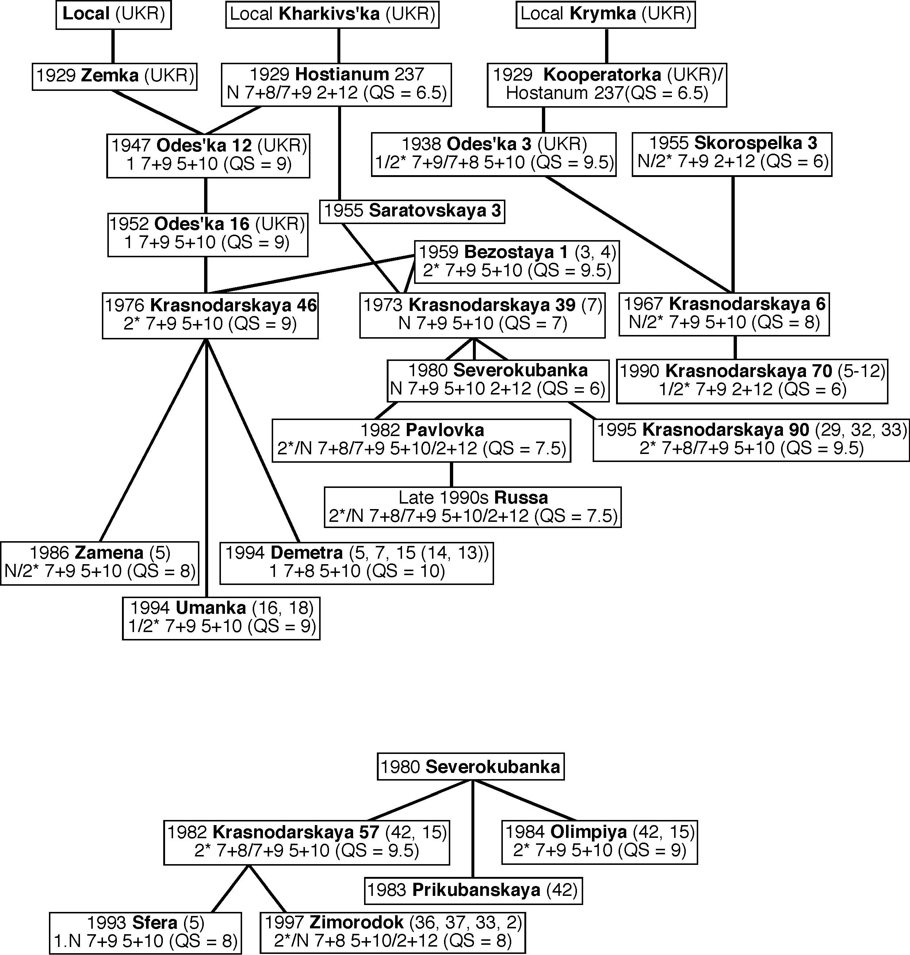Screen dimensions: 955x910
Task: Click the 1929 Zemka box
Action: pos(114,76)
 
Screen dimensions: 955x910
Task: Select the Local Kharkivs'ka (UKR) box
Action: pos(332,15)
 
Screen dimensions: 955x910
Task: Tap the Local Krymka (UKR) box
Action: pos(605,15)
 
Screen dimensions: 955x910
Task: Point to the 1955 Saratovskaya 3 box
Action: pos(412,211)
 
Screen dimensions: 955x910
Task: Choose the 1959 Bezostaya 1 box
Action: pos(517,262)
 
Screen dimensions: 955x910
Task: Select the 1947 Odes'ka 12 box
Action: pos(208,155)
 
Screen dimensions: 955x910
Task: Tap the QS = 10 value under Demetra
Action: pos(406,571)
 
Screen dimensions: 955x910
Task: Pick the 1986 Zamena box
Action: pos(99,562)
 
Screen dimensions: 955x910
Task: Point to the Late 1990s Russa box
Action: pos(473,507)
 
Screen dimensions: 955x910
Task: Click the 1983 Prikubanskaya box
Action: pos(473,890)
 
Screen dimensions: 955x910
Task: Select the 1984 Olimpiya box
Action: pos(600,842)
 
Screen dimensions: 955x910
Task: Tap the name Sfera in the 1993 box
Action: pos(155,923)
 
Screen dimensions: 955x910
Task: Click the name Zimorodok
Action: pos(356,923)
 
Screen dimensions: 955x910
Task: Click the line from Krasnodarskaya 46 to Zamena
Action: pos(152,440)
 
